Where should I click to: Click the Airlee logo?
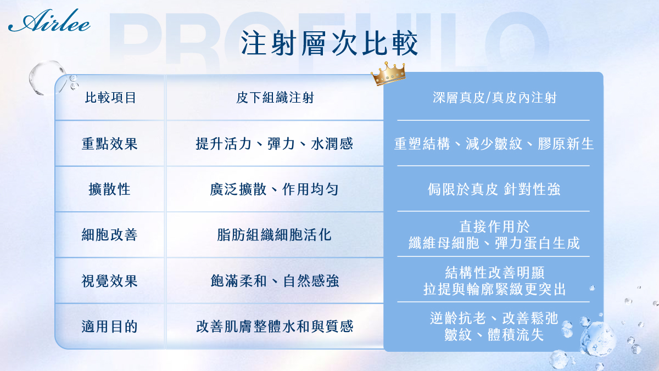(x=49, y=20)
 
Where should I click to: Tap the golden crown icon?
(x=388, y=74)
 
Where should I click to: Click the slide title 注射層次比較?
(x=329, y=43)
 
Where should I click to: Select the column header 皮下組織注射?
(x=275, y=98)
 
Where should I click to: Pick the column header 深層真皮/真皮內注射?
(x=495, y=98)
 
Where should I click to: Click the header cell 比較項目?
(x=110, y=98)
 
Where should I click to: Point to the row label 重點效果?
(x=110, y=144)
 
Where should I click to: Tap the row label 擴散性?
(x=110, y=189)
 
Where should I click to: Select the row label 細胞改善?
(x=110, y=235)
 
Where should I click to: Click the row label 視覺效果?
(x=110, y=281)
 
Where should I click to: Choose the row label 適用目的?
(x=110, y=327)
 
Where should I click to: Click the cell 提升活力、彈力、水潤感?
(x=275, y=144)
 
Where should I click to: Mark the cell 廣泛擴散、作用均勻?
(x=274, y=189)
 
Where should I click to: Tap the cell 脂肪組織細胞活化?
(x=274, y=235)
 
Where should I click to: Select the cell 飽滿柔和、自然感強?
(x=275, y=281)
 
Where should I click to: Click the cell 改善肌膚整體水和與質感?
(x=275, y=327)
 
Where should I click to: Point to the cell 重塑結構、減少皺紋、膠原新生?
(x=494, y=144)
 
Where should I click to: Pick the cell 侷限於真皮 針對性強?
(x=494, y=189)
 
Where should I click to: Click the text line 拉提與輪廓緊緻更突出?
(x=495, y=289)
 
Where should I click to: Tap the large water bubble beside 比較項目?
(x=47, y=77)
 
